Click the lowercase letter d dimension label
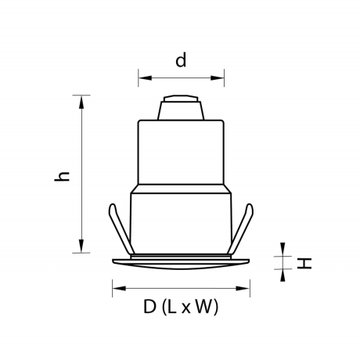(x=181, y=61)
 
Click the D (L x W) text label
(x=181, y=308)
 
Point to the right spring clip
(x=244, y=228)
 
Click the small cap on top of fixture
(x=181, y=108)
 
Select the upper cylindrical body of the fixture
(x=181, y=153)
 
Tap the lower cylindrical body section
(x=181, y=223)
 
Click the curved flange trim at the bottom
(x=181, y=263)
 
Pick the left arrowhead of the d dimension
(x=142, y=77)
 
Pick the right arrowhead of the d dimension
(x=221, y=77)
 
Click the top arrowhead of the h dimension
(x=81, y=99)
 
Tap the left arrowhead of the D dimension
(x=116, y=288)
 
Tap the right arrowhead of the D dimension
(x=247, y=288)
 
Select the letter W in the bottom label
(x=203, y=308)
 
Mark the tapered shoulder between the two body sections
(x=181, y=187)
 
